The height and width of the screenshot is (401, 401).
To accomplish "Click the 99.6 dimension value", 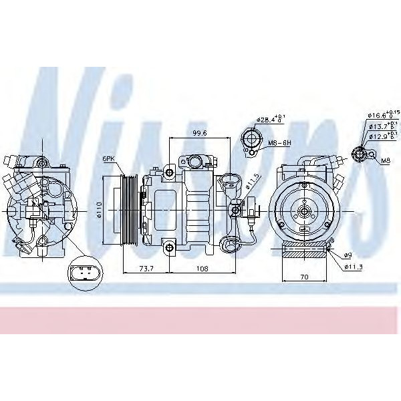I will pos(198,133).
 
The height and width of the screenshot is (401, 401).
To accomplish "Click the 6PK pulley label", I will pos(108,159).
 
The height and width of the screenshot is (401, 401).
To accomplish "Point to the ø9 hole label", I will pos(348,255).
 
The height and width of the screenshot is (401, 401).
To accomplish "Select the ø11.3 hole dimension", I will pos(352,267).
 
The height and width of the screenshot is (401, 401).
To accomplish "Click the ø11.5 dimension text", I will pos(249,182).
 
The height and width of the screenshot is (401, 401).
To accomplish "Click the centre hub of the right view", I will pos(305,212).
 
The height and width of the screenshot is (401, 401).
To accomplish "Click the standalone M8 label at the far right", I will pos(386,162).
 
